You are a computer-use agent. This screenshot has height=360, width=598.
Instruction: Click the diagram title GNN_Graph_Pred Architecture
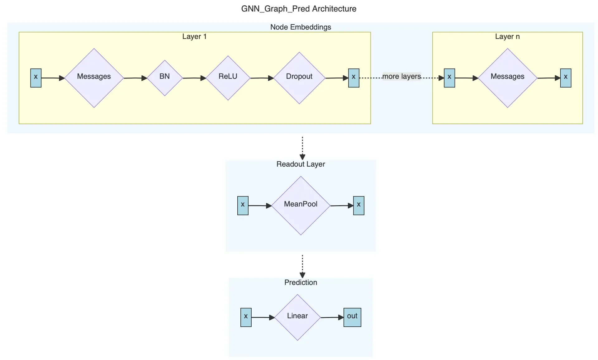pyautogui.click(x=299, y=9)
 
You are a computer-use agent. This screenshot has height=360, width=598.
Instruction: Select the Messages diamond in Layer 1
pyautogui.click(x=94, y=78)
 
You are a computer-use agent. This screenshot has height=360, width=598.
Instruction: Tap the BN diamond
pyautogui.click(x=164, y=78)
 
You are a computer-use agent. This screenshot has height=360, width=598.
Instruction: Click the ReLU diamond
pyautogui.click(x=228, y=78)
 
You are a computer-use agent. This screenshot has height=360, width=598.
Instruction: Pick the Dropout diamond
pyautogui.click(x=299, y=78)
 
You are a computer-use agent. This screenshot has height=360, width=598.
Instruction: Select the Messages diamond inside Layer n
pyautogui.click(x=507, y=78)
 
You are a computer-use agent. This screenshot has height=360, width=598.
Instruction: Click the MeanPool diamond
pyautogui.click(x=301, y=206)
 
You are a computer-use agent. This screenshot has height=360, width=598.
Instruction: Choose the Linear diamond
pyautogui.click(x=297, y=317)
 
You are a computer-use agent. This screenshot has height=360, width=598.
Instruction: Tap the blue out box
pyautogui.click(x=352, y=317)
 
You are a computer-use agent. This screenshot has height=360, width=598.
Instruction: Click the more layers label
pyautogui.click(x=401, y=76)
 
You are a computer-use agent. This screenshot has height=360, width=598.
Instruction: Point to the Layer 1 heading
pyautogui.click(x=194, y=36)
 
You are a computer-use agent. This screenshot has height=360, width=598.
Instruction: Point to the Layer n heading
pyautogui.click(x=507, y=36)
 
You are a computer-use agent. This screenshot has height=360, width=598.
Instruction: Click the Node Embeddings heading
pyautogui.click(x=301, y=27)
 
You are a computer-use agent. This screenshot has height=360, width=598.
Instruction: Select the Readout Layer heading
pyautogui.click(x=301, y=164)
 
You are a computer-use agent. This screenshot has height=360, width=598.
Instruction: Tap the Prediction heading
pyautogui.click(x=301, y=282)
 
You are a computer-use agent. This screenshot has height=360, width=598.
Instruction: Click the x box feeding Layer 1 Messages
pyautogui.click(x=36, y=78)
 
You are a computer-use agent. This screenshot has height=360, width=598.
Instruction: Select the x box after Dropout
pyautogui.click(x=354, y=78)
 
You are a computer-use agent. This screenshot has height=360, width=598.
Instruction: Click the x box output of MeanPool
pyautogui.click(x=358, y=206)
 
